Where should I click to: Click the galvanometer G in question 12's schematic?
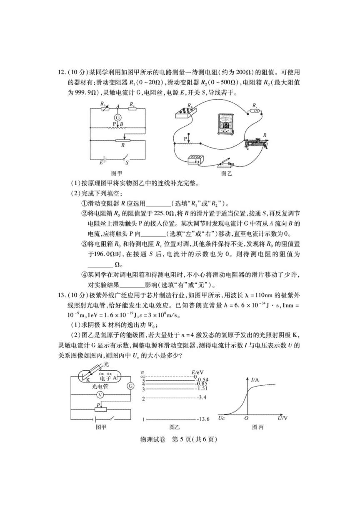click(117, 118)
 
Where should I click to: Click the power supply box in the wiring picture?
click(196, 160)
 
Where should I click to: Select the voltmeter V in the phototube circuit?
click(100, 394)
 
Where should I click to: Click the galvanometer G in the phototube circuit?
click(131, 386)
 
